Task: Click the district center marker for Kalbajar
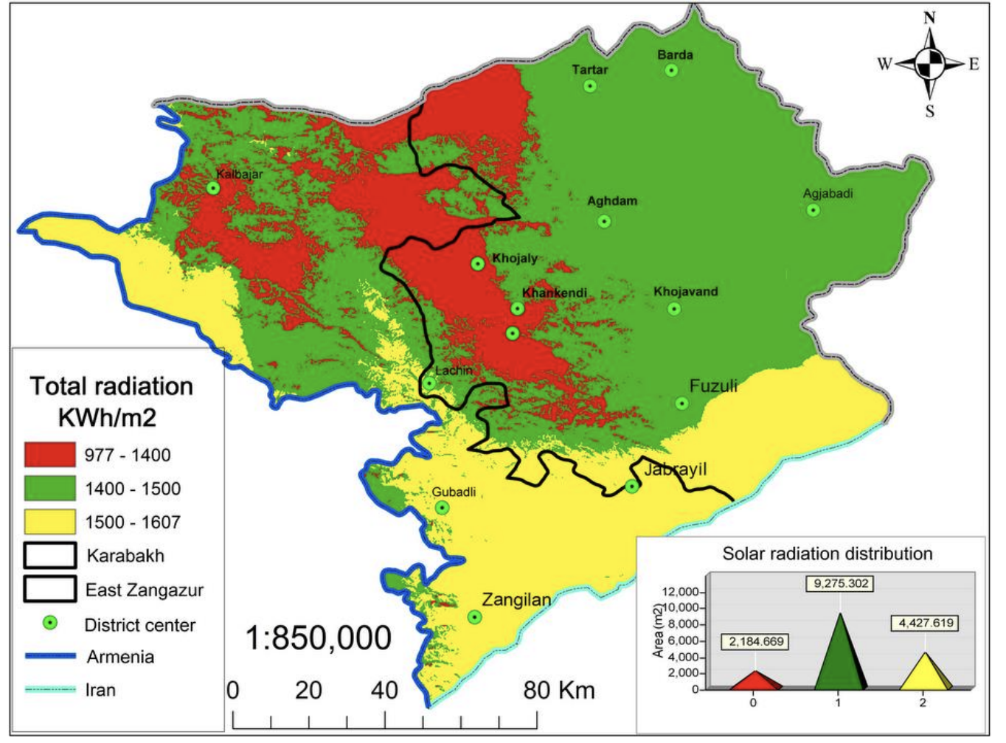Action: [213, 188]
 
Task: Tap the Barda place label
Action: [675, 55]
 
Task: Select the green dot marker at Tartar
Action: [590, 86]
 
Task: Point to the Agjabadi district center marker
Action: [813, 210]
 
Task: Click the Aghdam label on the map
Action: [612, 201]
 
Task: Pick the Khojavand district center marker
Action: [674, 309]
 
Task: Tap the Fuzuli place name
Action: [713, 386]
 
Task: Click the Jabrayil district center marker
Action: [632, 486]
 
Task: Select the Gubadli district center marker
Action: [442, 508]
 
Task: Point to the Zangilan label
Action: [516, 600]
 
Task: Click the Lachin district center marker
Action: [429, 383]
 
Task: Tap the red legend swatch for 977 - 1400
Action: [50, 455]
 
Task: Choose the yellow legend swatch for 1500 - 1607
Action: [50, 522]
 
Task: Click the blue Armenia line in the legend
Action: [50, 656]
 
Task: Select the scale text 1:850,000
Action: [318, 638]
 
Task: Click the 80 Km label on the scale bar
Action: [558, 691]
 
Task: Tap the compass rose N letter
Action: [929, 18]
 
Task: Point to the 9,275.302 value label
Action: [841, 584]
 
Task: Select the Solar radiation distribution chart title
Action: [827, 554]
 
